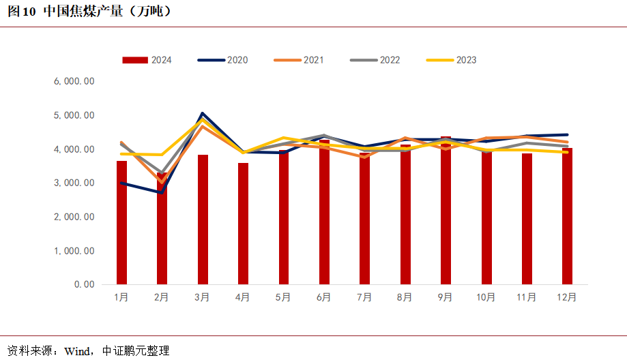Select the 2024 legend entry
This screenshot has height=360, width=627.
click(147, 60)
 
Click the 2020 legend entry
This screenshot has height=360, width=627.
click(222, 60)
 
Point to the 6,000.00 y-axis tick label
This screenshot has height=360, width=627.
click(74, 82)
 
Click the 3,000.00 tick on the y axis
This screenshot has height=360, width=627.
click(74, 183)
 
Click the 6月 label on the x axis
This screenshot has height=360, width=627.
click(324, 297)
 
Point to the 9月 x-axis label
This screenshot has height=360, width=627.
click(445, 297)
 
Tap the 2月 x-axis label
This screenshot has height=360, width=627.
click(162, 297)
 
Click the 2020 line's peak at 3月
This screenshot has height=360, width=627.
click(203, 113)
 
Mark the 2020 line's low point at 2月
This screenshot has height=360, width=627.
click(162, 192)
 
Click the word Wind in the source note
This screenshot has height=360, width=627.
click(77, 351)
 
